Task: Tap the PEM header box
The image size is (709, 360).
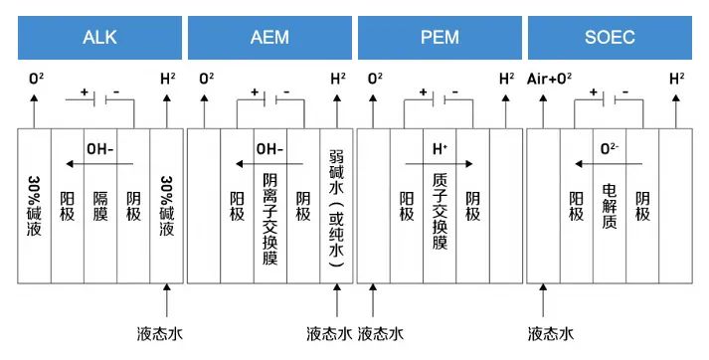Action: pyautogui.click(x=439, y=38)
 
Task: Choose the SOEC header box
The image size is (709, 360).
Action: pyautogui.click(x=611, y=38)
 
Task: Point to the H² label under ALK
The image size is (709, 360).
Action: pyautogui.click(x=167, y=77)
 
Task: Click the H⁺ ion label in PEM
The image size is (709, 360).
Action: pyautogui.click(x=439, y=148)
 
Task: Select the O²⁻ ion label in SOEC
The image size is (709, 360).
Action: pyautogui.click(x=611, y=148)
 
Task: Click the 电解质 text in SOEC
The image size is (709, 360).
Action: pyautogui.click(x=610, y=205)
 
